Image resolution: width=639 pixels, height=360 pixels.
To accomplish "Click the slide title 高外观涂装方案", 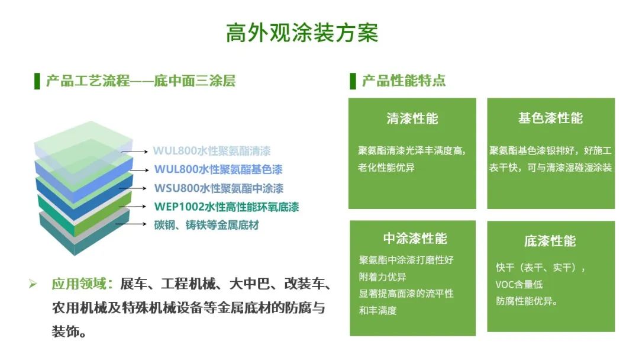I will [x=302, y=33].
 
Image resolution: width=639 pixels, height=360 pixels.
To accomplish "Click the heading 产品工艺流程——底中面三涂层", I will [x=141, y=81].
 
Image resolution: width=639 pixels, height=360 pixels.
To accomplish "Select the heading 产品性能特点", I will [x=404, y=81].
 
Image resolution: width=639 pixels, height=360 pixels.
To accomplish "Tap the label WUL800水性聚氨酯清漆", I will [x=212, y=150].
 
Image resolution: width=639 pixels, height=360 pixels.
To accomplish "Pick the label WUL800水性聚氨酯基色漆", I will [x=218, y=169].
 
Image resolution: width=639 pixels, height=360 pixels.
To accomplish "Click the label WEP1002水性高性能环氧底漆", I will [x=226, y=207].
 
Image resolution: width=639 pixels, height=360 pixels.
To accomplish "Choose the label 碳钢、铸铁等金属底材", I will [x=206, y=225].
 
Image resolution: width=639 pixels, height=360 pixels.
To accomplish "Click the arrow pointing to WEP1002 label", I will [x=135, y=207].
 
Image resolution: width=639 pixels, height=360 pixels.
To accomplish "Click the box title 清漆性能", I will [x=412, y=118].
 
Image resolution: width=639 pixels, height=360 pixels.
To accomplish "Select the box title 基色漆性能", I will [x=550, y=118].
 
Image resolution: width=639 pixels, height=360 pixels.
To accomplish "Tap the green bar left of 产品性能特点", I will [x=353, y=81].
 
